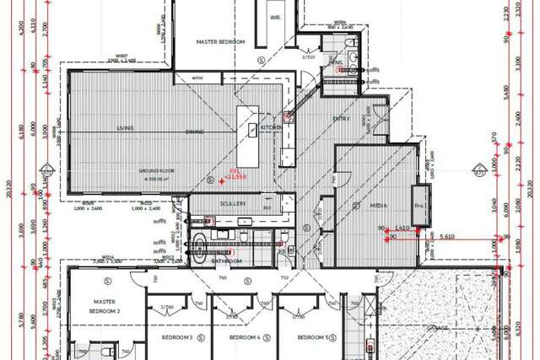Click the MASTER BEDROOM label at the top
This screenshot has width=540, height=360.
click(x=220, y=41)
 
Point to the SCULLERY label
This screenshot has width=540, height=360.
click(x=231, y=203)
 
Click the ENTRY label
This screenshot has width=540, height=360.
click(x=341, y=118)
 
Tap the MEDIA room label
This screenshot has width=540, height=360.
click(x=379, y=205)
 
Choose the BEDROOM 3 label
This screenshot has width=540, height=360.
click(x=177, y=337)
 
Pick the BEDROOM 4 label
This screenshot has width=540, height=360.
click(x=246, y=337)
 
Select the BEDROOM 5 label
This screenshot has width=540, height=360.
click(x=312, y=337)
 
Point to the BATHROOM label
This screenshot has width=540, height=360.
click(x=227, y=261)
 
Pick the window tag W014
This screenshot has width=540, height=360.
click(x=107, y=257)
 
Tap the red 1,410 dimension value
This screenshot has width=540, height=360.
click(x=402, y=228)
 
